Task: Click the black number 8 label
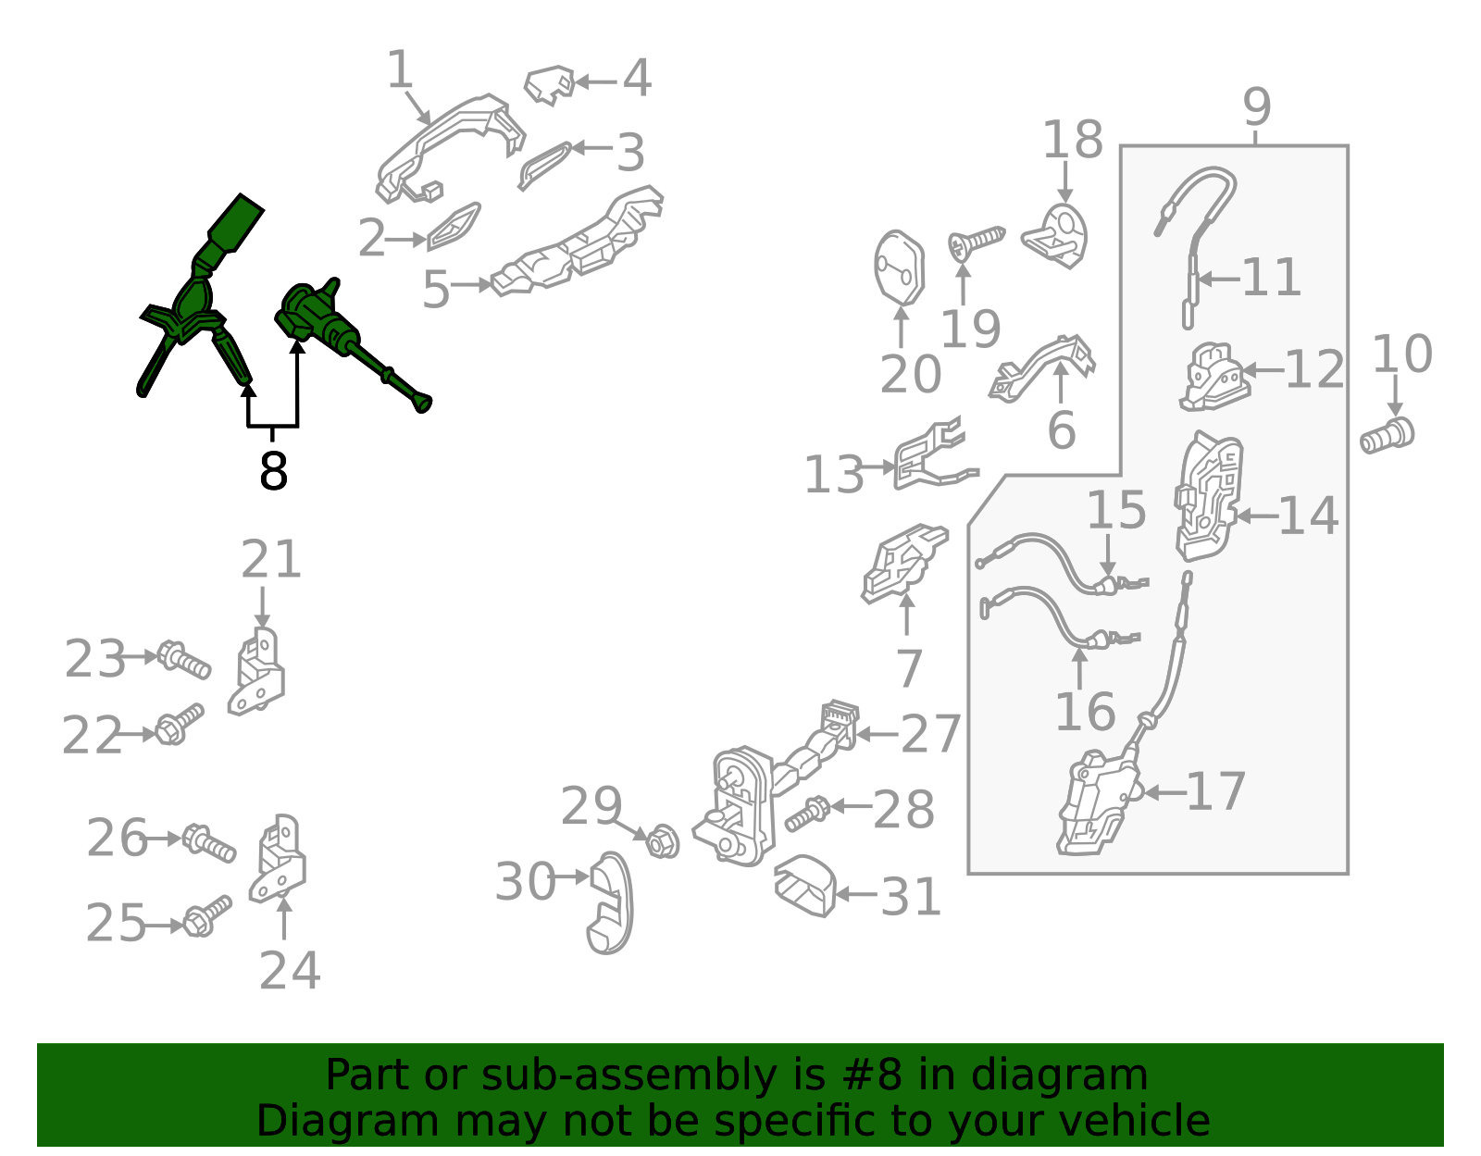pyautogui.click(x=273, y=471)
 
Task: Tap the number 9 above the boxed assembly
pyautogui.click(x=1257, y=107)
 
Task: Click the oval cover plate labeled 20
pyautogui.click(x=900, y=267)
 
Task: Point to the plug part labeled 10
pyautogui.click(x=1387, y=436)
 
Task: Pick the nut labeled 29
pyautogui.click(x=663, y=840)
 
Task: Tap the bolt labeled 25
pyautogui.click(x=207, y=916)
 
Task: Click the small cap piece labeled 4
pyautogui.click(x=550, y=85)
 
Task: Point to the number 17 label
pyautogui.click(x=1216, y=791)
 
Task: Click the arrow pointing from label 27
pyautogui.click(x=878, y=734)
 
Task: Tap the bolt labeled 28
pyautogui.click(x=807, y=814)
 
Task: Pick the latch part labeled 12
pyautogui.click(x=1214, y=378)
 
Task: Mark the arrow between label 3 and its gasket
pyautogui.click(x=592, y=148)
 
